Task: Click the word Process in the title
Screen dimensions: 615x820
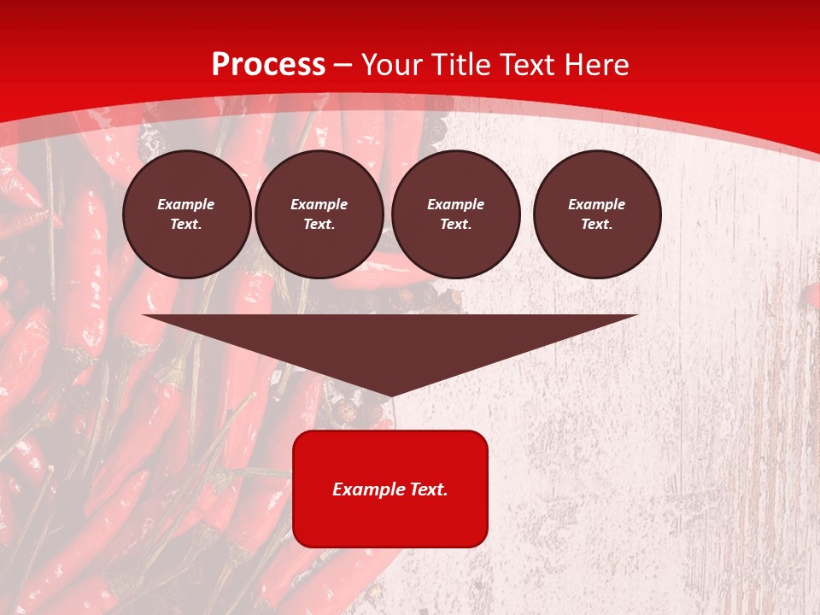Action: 268,65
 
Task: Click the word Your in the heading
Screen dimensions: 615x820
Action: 392,65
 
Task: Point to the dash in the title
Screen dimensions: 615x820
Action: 343,65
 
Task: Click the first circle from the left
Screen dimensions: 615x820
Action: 186,214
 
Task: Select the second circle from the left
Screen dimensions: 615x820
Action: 319,214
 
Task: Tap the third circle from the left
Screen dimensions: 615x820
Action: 455,214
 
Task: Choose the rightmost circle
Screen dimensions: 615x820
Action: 597,214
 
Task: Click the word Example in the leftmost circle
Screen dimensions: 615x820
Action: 186,204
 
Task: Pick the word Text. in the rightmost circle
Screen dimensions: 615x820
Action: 597,225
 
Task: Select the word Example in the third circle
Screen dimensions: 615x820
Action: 455,204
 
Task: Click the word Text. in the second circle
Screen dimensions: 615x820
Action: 319,225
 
